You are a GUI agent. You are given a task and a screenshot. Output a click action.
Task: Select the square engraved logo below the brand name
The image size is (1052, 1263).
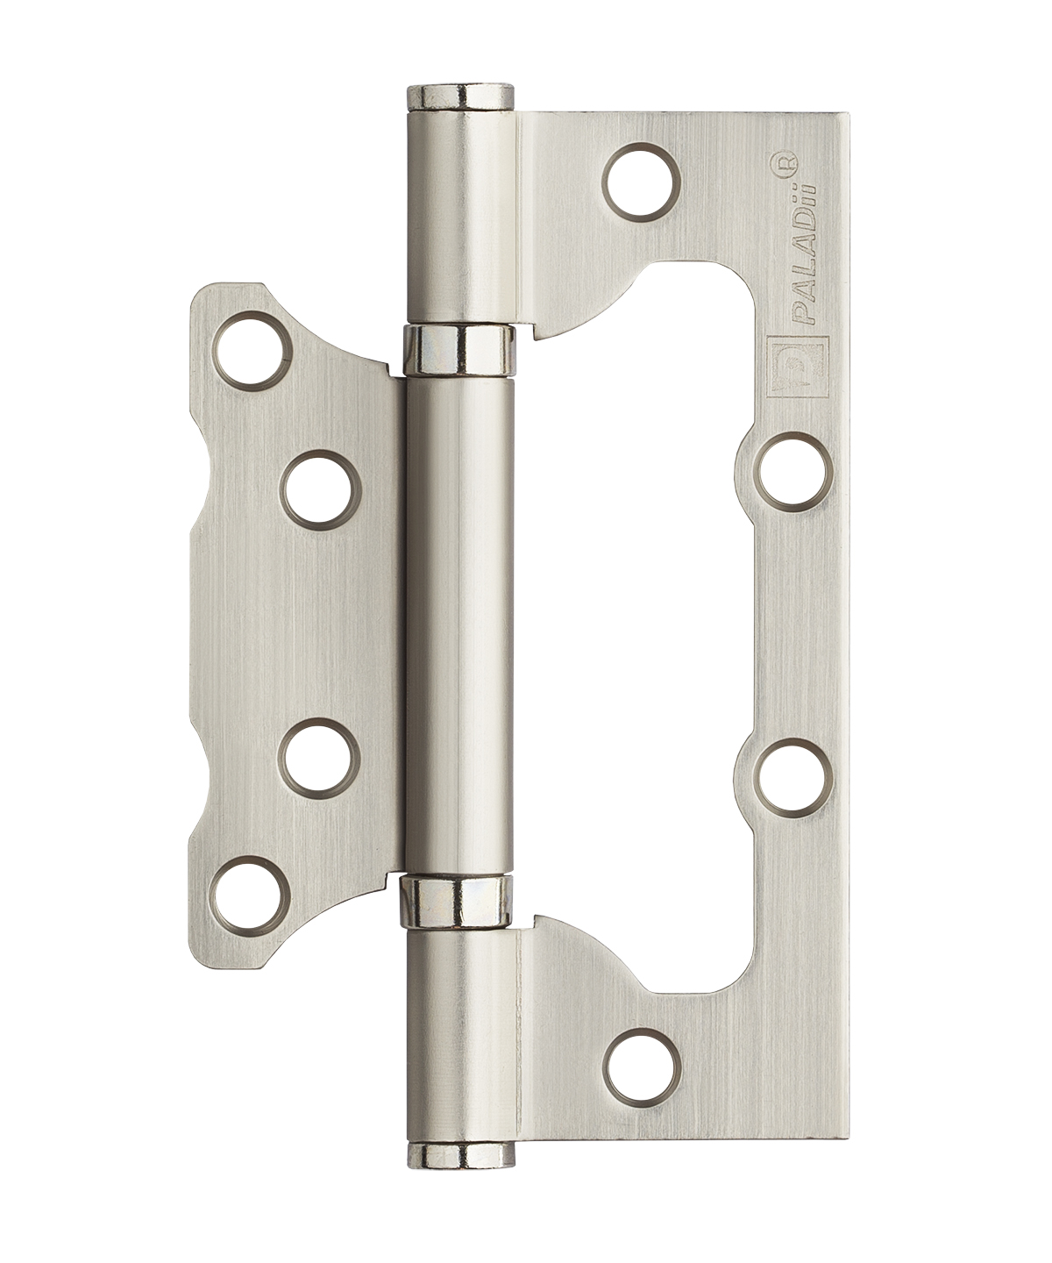[x=796, y=367]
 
